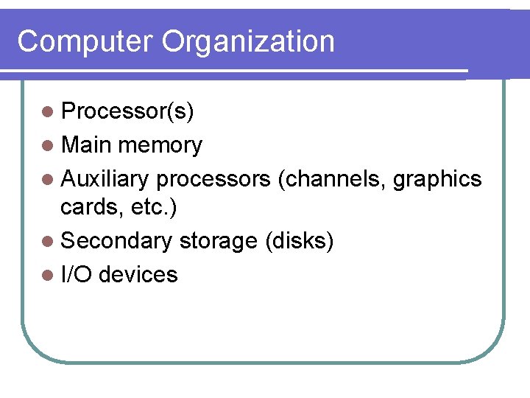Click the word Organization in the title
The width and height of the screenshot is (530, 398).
[248, 43]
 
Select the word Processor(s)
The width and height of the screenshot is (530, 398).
[127, 111]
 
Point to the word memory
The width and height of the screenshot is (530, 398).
[160, 146]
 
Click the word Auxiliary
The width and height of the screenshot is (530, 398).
[105, 178]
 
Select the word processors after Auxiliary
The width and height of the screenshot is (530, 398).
[213, 180]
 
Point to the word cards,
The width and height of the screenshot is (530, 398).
[90, 208]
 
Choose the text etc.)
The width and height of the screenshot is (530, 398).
[151, 209]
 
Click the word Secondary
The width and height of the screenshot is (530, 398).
[116, 242]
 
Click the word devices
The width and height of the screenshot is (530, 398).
[138, 275]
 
